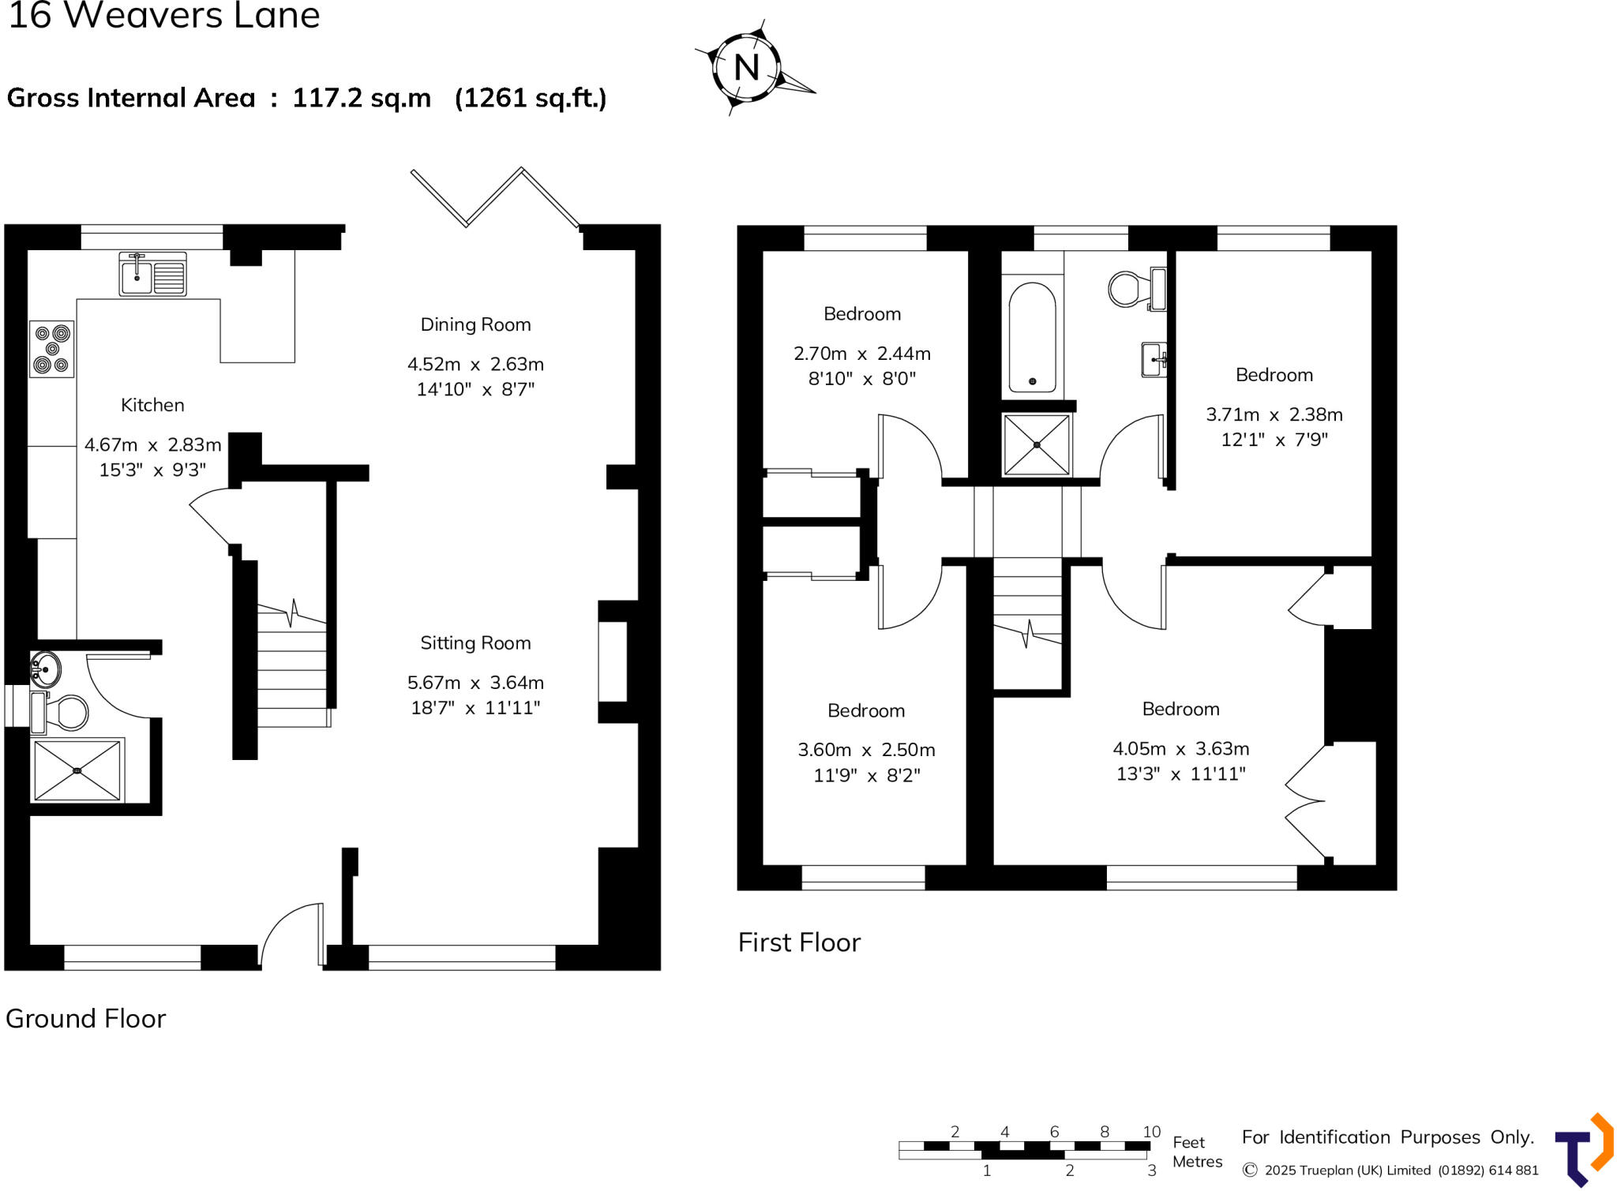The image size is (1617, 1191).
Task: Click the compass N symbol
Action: tap(746, 68)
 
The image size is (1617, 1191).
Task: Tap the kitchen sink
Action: tap(152, 274)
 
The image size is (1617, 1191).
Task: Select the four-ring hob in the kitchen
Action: tap(52, 349)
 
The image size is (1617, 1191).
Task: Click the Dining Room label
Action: tap(475, 324)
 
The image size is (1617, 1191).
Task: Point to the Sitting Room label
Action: tap(475, 643)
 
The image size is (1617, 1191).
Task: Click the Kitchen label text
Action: tap(152, 405)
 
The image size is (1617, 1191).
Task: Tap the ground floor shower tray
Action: tap(77, 770)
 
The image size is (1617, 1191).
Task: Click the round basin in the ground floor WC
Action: tap(46, 669)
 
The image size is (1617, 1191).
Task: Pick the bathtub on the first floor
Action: tap(1032, 338)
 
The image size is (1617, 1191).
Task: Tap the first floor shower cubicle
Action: tap(1037, 445)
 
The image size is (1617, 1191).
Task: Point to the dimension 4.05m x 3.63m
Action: tap(1180, 748)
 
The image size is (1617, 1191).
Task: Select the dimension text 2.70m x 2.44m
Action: tap(862, 354)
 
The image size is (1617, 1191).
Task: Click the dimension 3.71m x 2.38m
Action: tap(1274, 414)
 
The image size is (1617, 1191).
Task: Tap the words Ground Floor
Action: tap(86, 1019)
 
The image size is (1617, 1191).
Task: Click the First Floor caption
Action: tap(799, 942)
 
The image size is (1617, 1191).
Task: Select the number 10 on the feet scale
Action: tap(1151, 1132)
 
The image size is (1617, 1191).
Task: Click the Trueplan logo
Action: tap(1583, 1150)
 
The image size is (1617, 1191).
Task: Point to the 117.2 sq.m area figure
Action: tap(362, 98)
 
